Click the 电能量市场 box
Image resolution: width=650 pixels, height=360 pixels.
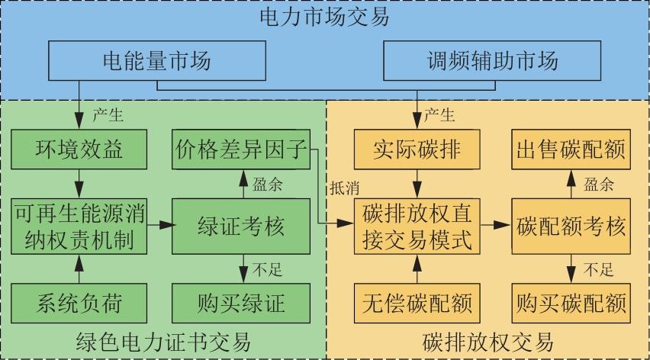(x=157, y=60)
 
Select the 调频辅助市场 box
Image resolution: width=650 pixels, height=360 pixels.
(x=492, y=60)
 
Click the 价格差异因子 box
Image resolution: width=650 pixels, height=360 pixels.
(x=241, y=147)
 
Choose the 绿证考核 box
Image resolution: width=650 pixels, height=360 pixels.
(x=241, y=225)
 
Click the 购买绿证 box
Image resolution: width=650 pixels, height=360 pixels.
(x=241, y=303)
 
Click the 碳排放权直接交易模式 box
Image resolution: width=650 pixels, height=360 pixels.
(x=417, y=226)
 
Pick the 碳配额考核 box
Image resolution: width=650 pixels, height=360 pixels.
(x=571, y=226)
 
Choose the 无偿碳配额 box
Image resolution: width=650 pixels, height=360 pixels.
(x=417, y=303)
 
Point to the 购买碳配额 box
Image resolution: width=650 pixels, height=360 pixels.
(x=571, y=303)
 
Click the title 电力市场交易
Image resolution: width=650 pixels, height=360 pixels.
(x=325, y=17)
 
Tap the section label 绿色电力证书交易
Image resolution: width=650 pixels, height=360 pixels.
(x=164, y=341)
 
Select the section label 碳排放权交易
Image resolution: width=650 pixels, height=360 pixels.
(x=487, y=341)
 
